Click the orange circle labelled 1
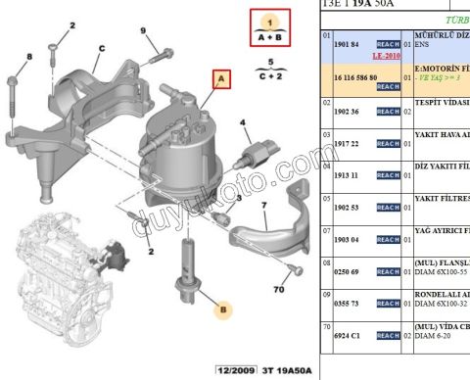click(263, 20)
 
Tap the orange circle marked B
click(222, 310)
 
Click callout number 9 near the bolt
click(142, 31)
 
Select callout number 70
click(279, 290)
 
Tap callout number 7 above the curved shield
click(263, 207)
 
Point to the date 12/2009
click(237, 371)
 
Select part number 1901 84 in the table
click(348, 44)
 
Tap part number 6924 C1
click(348, 336)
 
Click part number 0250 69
click(348, 271)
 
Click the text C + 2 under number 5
click(263, 74)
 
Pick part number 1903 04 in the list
click(348, 239)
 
